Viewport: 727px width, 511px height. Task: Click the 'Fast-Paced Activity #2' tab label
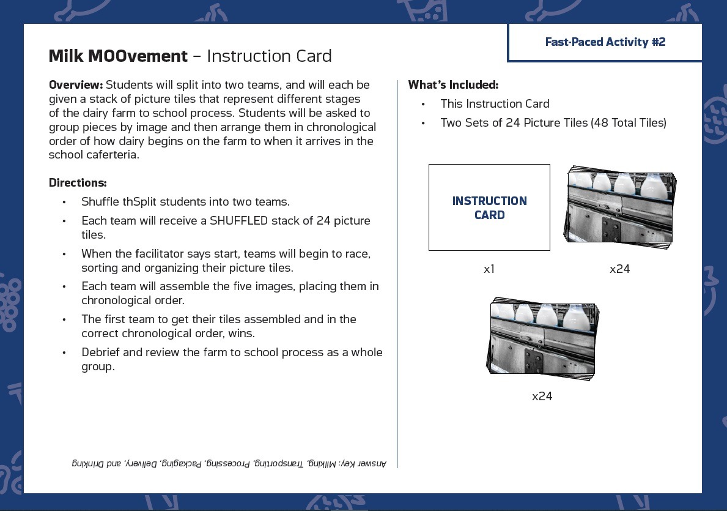(605, 42)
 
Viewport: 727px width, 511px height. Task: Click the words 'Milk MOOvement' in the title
(118, 56)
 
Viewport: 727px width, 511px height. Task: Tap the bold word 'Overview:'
(76, 84)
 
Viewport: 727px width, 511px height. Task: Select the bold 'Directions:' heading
(78, 182)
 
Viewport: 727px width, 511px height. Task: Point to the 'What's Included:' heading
(453, 84)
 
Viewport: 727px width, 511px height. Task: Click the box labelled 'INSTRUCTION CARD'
(489, 207)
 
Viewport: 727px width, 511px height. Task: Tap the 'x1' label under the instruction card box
(489, 269)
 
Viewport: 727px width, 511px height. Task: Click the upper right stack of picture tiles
(619, 208)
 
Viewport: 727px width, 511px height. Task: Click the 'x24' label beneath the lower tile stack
(542, 396)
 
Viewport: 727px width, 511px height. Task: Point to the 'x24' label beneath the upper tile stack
(619, 269)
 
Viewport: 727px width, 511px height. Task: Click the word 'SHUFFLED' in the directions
(238, 220)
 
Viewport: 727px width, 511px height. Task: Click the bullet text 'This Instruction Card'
(495, 104)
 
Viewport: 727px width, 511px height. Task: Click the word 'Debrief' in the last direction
(101, 352)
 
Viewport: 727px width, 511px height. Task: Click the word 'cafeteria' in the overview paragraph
(113, 155)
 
